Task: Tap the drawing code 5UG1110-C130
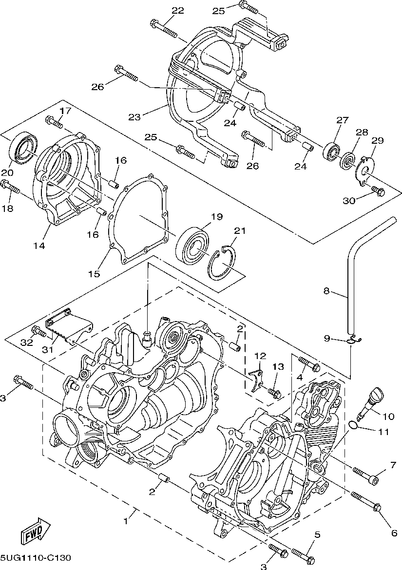coord(35,557)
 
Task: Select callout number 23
coord(134,117)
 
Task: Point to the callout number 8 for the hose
coord(326,291)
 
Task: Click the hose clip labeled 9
coord(355,340)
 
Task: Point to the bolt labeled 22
coord(163,29)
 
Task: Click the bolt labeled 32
coord(39,331)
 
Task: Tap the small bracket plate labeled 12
coord(258,380)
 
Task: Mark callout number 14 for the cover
coord(39,246)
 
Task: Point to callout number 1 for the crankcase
coord(126,521)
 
